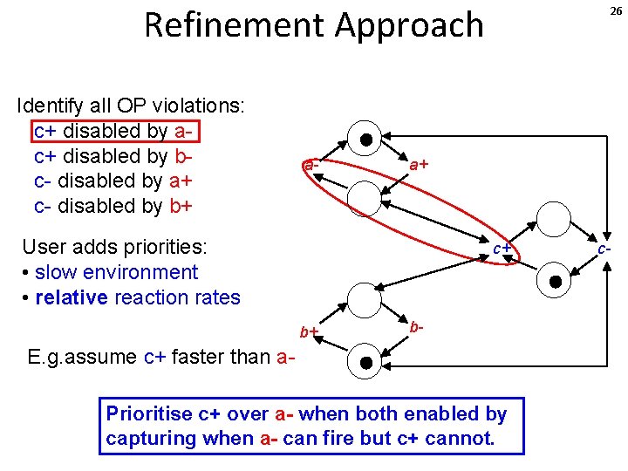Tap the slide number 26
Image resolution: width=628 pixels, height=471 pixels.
[615, 10]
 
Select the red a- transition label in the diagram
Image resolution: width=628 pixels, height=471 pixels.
[311, 164]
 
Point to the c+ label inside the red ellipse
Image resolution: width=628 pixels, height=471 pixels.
[502, 249]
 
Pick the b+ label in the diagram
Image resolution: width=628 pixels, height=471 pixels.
[309, 331]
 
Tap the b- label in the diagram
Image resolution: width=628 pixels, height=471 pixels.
[417, 327]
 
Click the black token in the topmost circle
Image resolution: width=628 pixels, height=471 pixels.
[366, 139]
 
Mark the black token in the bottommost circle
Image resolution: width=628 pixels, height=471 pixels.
[366, 362]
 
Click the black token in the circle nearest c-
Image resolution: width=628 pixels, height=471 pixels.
[556, 281]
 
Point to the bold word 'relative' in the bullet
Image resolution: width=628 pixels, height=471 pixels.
[71, 297]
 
